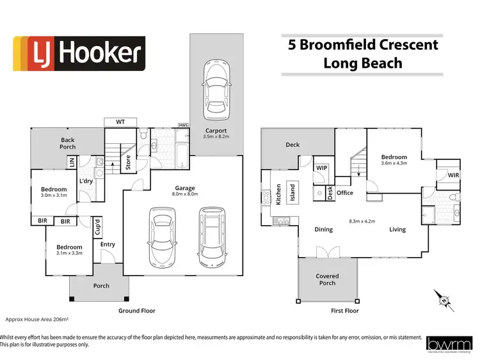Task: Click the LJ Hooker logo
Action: [79, 53]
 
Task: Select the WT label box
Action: [120, 121]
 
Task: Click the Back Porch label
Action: [68, 143]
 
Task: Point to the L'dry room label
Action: [86, 181]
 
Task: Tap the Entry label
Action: [108, 244]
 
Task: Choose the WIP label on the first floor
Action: [322, 168]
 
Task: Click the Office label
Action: [345, 192]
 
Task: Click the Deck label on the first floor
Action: [292, 145]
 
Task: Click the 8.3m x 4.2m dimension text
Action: [361, 221]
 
